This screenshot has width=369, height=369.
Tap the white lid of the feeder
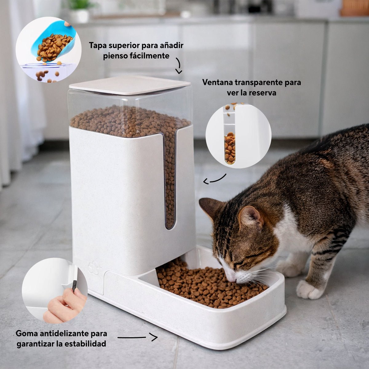pyautogui.click(x=130, y=85)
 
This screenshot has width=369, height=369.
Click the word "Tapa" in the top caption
pyautogui.click(x=98, y=46)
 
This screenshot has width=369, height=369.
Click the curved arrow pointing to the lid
pyautogui.click(x=179, y=66)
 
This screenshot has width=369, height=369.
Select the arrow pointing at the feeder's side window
pyautogui.click(x=214, y=179)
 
